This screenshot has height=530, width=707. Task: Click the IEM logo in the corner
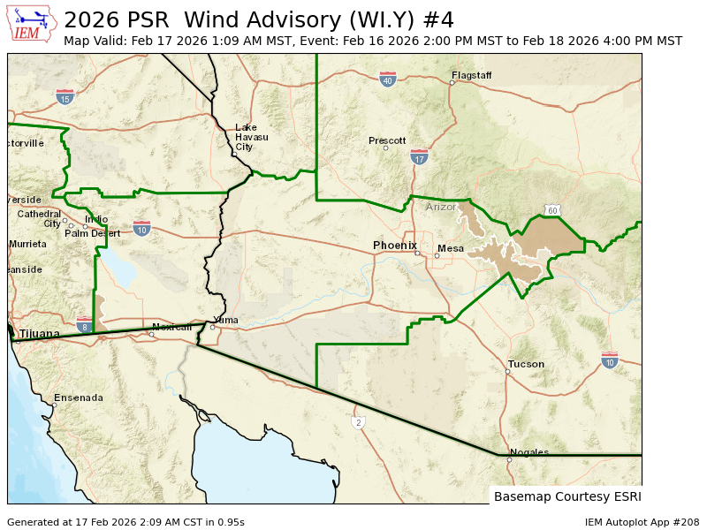31,24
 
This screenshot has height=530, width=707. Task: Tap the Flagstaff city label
471,75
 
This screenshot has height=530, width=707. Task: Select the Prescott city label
387,140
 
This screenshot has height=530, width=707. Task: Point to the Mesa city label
451,248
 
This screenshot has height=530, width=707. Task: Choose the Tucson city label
526,364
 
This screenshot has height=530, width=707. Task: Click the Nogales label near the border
529,452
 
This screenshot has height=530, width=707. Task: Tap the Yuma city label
226,320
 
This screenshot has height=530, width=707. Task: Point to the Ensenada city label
79,397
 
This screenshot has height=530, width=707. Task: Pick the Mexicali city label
171,327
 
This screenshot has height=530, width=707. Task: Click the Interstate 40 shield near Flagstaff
387,79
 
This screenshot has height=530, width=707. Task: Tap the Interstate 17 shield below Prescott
419,157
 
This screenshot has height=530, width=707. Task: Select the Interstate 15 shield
65,96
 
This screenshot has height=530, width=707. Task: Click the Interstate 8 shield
84,324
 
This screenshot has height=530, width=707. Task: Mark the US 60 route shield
551,210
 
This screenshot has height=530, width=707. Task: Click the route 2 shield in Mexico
359,422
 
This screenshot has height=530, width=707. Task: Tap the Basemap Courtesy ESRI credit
566,496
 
